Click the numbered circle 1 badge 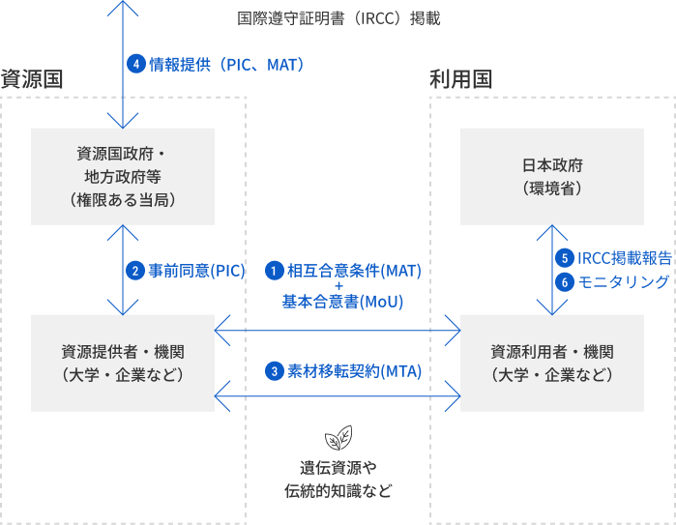pos(275,271)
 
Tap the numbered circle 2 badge pos(135,271)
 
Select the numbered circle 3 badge pos(275,371)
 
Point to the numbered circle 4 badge pos(136,65)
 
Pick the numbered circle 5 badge pos(565,258)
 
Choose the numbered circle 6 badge pos(565,281)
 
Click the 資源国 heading pos(32,79)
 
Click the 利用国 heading pos(460,79)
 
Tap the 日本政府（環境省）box pos(551,176)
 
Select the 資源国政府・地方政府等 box pos(122,176)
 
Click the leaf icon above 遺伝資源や pos(338,438)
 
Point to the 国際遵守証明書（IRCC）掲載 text pos(338,18)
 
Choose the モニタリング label pos(624,281)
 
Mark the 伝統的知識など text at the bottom pos(338,491)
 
